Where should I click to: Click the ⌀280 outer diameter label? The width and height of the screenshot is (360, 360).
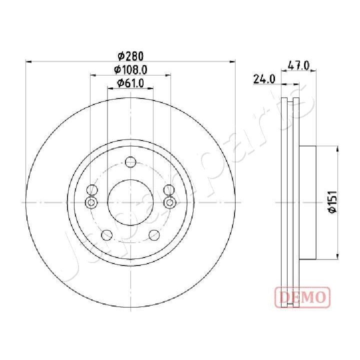click(130, 55)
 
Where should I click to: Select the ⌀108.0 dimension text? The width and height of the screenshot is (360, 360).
click(130, 69)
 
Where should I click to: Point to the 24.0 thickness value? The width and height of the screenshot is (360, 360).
click(264, 78)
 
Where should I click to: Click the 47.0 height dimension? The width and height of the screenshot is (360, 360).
click(299, 65)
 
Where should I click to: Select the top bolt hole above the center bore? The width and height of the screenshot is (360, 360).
click(130, 162)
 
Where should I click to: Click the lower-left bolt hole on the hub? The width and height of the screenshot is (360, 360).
click(106, 235)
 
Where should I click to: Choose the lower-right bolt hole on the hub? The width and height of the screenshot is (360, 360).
click(154, 235)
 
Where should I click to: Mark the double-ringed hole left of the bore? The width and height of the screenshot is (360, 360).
click(91, 202)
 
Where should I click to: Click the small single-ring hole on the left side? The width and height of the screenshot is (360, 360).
click(91, 190)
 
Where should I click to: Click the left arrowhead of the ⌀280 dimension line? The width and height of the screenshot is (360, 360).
click(28, 62)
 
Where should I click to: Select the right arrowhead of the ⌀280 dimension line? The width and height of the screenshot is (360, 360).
click(233, 62)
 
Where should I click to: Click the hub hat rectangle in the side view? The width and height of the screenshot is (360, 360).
click(307, 202)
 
